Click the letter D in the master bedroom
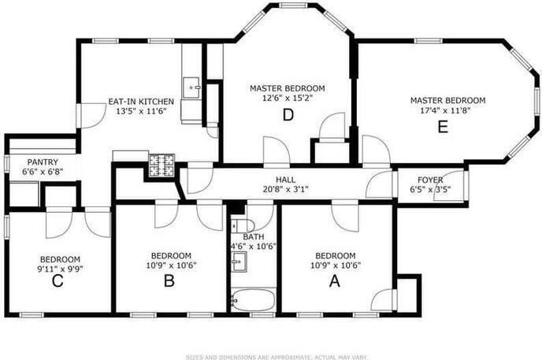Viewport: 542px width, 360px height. pos(288,114)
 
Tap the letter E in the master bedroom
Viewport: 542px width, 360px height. pos(443,125)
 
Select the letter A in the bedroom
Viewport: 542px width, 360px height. pos(335,280)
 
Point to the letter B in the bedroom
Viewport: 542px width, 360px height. pos(169,280)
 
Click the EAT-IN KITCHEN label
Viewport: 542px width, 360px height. pos(140,102)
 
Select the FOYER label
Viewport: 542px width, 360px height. pos(430,180)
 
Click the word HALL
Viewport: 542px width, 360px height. pos(285,180)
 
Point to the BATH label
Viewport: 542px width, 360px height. pos(253,236)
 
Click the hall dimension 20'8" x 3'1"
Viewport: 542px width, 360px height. pos(285,189)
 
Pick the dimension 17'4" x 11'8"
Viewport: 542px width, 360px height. pos(447,111)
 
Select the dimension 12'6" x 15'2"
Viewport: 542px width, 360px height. pos(287,98)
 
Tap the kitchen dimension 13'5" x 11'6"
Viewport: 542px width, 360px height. pos(140,112)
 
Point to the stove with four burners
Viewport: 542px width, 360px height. pos(165,165)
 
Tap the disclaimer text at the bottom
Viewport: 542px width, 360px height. pos(270,355)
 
